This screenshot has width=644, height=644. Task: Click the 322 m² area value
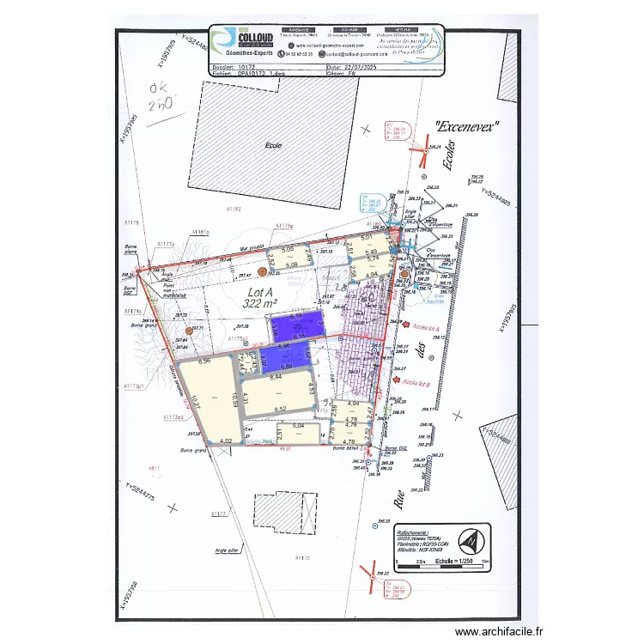pyautogui.click(x=260, y=303)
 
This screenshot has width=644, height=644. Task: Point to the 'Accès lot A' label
pyautogui.click(x=426, y=328)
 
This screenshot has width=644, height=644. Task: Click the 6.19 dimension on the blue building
pyautogui.click(x=297, y=317)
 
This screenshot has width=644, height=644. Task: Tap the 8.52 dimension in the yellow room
pyautogui.click(x=279, y=410)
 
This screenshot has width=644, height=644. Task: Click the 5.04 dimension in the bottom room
pyautogui.click(x=299, y=425)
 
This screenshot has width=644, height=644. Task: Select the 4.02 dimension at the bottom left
pyautogui.click(x=225, y=441)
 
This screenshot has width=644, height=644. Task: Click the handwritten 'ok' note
pyautogui.click(x=159, y=88)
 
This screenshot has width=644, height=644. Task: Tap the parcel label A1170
pyautogui.click(x=301, y=558)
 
